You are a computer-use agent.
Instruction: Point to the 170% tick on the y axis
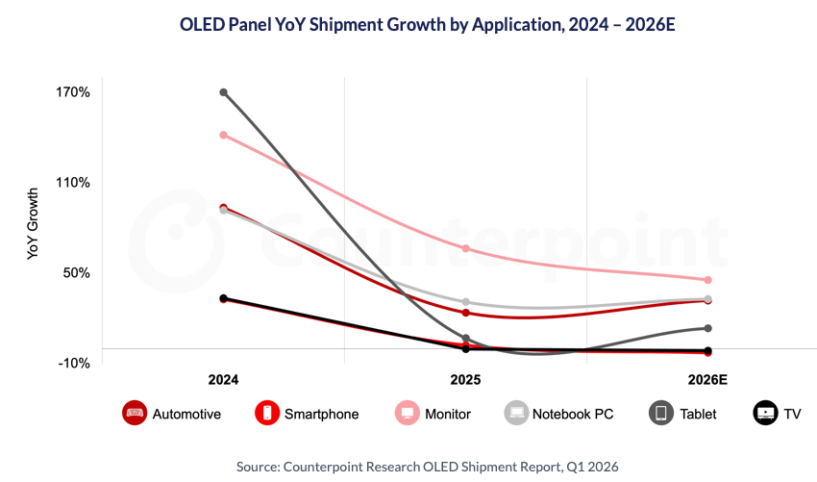click(x=73, y=93)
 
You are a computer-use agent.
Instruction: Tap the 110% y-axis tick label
click(x=73, y=183)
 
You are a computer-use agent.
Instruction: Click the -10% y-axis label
click(x=74, y=364)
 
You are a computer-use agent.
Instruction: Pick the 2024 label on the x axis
click(x=223, y=381)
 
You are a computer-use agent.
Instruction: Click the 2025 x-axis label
click(x=465, y=381)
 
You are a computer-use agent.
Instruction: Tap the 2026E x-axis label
click(x=707, y=381)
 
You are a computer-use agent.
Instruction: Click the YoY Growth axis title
click(x=33, y=224)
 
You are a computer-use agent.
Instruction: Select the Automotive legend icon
click(x=135, y=414)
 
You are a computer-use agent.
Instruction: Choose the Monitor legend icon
click(x=408, y=414)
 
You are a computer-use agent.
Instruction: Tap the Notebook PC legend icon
click(x=517, y=414)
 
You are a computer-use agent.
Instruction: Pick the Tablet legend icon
click(x=661, y=414)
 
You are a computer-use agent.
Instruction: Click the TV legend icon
click(x=766, y=414)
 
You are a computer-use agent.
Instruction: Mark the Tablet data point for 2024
click(x=223, y=92)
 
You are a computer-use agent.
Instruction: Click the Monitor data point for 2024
click(x=223, y=135)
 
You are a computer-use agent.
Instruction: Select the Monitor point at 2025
click(x=465, y=248)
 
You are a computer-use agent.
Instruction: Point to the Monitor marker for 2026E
click(x=707, y=280)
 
